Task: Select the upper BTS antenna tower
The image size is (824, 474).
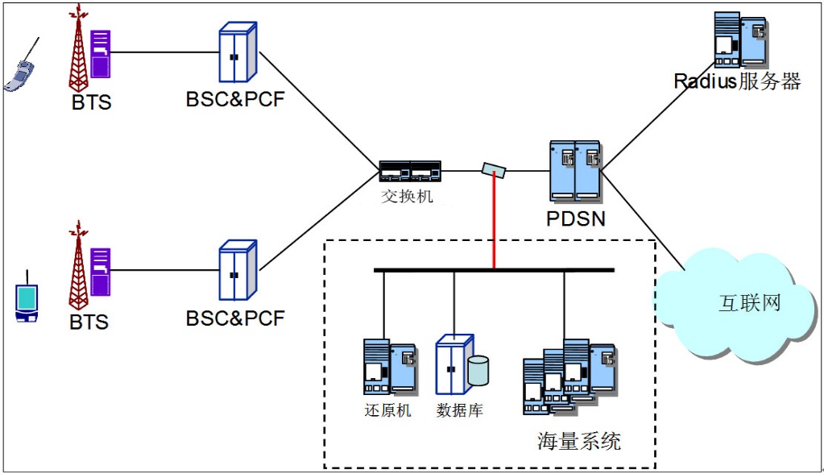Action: point(78,50)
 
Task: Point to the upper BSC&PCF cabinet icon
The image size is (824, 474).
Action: point(238,53)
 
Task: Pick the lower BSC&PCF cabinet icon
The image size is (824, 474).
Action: point(238,272)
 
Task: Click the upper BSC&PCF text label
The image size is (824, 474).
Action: point(235,100)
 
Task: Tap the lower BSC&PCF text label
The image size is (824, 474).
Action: point(235,318)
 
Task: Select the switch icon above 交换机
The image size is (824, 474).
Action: point(411,170)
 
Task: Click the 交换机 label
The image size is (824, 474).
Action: point(407,196)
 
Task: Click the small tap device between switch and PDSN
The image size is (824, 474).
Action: point(494,170)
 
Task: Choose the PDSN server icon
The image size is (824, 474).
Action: point(575,171)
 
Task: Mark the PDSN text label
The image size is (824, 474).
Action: point(575,219)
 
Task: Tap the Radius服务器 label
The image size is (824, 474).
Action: point(737,81)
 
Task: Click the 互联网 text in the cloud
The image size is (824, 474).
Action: point(749,304)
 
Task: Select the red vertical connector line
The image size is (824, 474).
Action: point(494,226)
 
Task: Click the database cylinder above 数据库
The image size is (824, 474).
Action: point(478,369)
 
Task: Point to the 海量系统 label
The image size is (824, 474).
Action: point(579,441)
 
